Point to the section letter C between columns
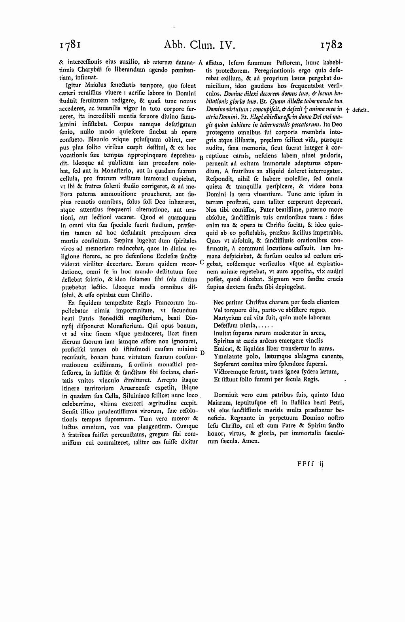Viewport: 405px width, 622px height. click(201, 262)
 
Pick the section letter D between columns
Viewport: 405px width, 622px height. click(202, 352)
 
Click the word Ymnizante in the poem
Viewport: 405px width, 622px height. click(227, 356)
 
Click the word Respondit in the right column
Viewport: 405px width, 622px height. click(220, 178)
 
